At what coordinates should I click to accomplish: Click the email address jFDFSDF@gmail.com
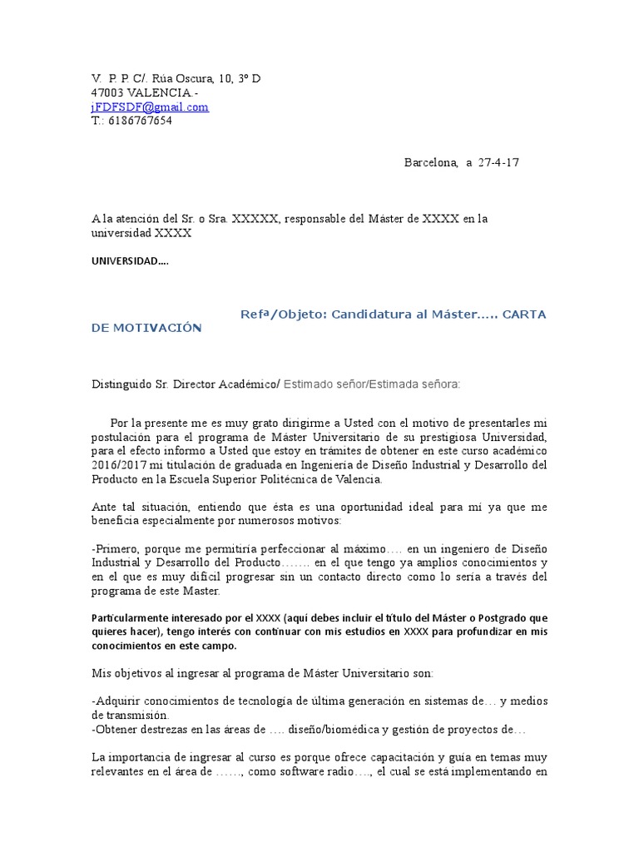(150, 107)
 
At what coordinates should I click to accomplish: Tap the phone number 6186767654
(140, 121)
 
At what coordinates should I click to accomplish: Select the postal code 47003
(107, 93)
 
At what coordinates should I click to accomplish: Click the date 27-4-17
(498, 162)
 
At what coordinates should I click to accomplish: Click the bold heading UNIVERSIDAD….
(129, 261)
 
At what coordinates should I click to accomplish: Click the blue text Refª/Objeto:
(283, 314)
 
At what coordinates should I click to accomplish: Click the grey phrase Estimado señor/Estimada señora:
(372, 384)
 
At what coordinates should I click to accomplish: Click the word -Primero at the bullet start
(116, 549)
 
